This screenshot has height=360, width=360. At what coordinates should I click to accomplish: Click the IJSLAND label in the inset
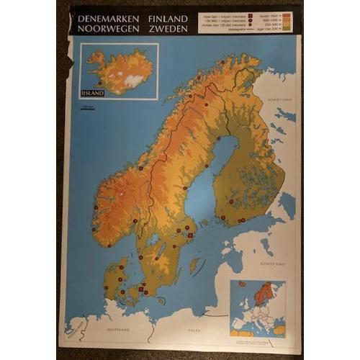[93, 92]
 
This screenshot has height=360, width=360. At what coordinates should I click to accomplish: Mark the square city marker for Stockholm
[189, 235]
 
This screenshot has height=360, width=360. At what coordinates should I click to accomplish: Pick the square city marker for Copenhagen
[144, 292]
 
